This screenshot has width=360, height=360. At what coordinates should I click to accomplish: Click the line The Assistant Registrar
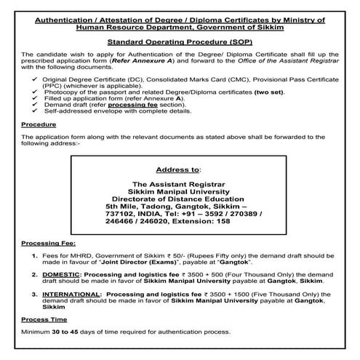[179, 185]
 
